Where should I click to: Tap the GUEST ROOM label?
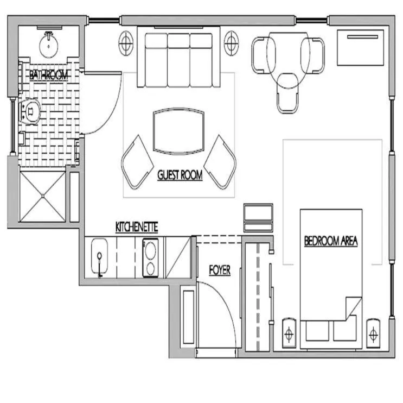coord(180,175)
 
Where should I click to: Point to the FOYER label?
coord(219,270)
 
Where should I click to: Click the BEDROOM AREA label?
coord(331,241)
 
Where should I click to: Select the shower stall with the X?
coord(42,196)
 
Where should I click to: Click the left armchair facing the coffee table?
coord(138,162)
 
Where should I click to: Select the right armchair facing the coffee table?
coord(221,162)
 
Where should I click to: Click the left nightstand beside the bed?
coord(290,331)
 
